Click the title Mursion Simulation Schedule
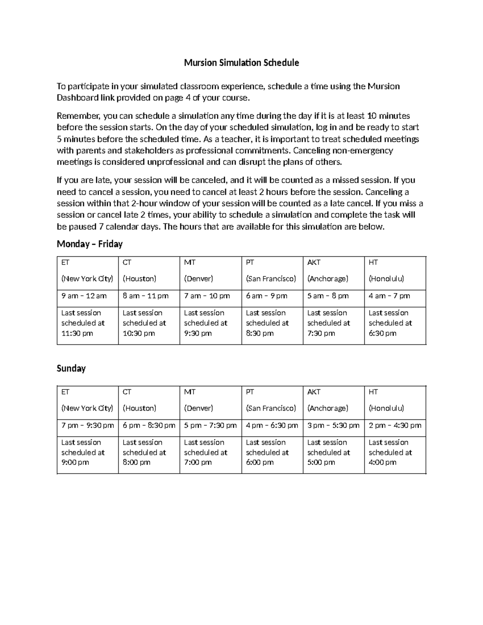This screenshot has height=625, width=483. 241,63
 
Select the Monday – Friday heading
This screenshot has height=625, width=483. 89,244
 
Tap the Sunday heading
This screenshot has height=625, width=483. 71,368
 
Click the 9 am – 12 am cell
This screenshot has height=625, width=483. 84,296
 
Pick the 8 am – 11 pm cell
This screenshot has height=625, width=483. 145,296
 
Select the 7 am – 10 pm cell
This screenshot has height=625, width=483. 207,296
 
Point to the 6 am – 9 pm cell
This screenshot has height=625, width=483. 266,296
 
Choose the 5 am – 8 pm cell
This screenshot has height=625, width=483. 328,296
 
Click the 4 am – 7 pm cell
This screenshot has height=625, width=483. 389,296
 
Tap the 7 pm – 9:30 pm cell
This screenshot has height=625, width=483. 88,425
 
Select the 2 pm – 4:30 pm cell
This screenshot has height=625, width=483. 395,425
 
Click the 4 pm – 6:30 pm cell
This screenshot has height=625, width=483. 272,425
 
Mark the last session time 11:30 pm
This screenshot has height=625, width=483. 77,333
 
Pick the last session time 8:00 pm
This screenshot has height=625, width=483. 136,462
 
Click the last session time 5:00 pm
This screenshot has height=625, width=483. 321,462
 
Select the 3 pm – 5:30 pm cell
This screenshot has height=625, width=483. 333,425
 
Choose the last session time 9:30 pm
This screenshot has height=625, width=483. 198,333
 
